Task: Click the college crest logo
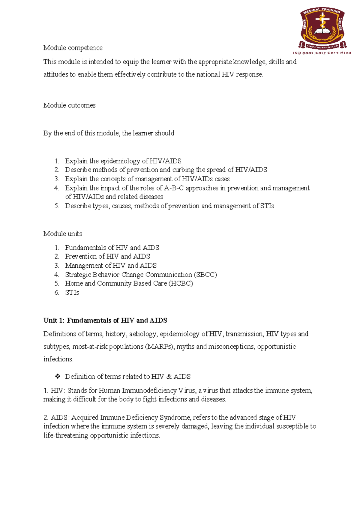tap(323, 28)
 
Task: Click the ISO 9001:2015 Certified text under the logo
tap(322, 53)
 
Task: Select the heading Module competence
tap(73, 48)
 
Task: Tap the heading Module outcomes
tap(69, 105)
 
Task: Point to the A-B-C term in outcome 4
tap(174, 188)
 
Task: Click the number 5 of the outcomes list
tap(56, 206)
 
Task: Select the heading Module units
tap(63, 234)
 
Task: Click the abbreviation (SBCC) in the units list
tap(205, 275)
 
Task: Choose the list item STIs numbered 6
tap(72, 293)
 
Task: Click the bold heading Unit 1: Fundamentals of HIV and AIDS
tap(105, 321)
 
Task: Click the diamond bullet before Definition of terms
tap(58, 376)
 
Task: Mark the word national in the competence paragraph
tap(208, 75)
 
